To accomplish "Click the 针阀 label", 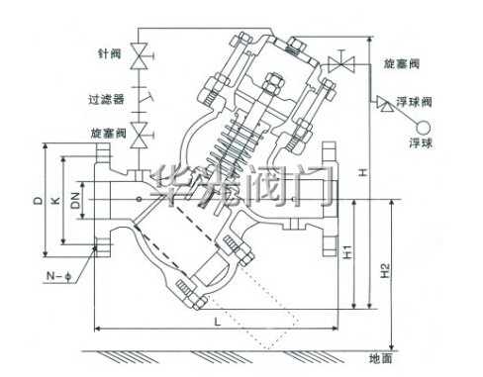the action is (110, 53).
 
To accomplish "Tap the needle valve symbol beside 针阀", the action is (141, 56).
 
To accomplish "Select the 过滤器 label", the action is (106, 99).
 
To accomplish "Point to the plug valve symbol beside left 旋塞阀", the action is (141, 135).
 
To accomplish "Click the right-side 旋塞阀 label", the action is (401, 63).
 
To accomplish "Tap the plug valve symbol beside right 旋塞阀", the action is (341, 63).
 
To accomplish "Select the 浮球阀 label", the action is (414, 102).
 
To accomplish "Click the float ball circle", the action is (424, 128).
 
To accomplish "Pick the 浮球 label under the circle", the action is (421, 142).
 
